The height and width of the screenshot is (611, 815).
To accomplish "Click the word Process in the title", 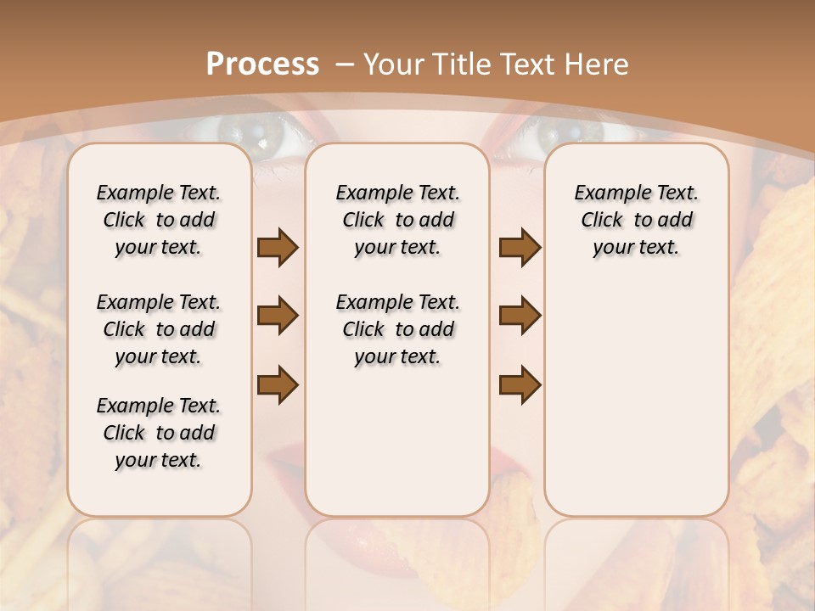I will pos(262,64).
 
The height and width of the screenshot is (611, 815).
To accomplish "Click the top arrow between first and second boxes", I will pos(278,247).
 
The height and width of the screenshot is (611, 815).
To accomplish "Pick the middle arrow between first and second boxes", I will pos(278,316).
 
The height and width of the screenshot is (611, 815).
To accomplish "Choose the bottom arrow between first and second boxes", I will pos(278,384).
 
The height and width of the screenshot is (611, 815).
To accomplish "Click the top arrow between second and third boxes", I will pos(520,247).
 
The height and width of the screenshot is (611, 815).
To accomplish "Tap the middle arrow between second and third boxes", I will pos(520,316).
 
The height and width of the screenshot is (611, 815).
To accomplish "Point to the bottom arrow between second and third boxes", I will pos(520,384).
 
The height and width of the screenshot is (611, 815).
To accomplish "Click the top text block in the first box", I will pos(159,220).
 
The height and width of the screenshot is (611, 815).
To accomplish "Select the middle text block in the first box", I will pos(159,329).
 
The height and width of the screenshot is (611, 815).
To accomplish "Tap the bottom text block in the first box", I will pos(159,433).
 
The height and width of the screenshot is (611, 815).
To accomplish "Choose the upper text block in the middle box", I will pos(397,220).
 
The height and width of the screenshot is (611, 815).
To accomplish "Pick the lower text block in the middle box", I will pos(397,329).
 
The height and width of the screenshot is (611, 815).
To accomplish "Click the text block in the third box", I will pos(636,220).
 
